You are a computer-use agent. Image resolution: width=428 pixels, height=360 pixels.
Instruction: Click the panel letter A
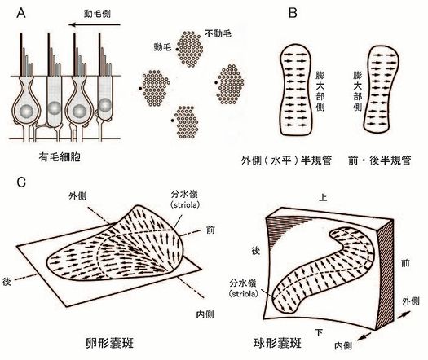coord(20,13)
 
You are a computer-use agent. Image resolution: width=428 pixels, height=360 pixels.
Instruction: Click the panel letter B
coord(293,13)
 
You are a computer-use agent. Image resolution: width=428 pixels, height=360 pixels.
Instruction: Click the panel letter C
coord(21,182)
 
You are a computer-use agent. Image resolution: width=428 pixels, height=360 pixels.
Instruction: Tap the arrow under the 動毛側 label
coord(95,25)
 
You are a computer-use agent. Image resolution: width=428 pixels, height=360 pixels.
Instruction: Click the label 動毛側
coord(97,14)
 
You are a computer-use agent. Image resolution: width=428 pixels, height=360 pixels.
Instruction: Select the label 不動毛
coord(218,33)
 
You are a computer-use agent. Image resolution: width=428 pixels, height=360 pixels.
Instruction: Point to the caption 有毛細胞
coord(60,157)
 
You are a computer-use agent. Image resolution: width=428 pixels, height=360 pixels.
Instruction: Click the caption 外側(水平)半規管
coord(286,160)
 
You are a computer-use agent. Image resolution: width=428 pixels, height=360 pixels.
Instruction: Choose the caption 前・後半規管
coord(379,160)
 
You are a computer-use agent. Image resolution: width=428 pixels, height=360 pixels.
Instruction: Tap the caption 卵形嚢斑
coord(109,343)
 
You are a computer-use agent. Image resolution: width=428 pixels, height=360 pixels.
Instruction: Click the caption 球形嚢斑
coord(277,343)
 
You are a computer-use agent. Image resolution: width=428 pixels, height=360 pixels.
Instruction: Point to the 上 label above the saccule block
coord(323,197)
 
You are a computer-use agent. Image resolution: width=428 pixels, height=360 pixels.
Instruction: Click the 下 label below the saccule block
coord(319,332)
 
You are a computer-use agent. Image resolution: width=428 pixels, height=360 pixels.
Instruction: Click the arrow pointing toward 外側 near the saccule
coord(404,314)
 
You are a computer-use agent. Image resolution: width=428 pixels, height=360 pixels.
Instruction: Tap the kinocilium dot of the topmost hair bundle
coord(177,50)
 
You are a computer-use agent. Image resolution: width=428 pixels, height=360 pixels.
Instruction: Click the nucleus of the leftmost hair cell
coord(26,111)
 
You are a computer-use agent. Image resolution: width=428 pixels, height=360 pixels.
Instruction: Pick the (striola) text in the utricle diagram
coord(184,205)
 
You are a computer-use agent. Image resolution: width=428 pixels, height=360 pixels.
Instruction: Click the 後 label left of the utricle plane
coord(7,282)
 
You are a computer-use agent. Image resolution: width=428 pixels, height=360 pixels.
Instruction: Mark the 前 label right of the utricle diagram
coord(210,230)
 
